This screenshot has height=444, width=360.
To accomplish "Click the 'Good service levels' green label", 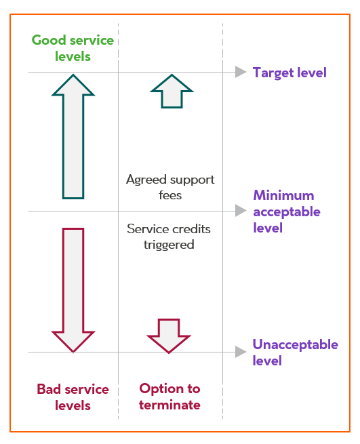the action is [x=73, y=48].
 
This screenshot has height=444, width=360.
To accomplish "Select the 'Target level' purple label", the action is [x=289, y=73].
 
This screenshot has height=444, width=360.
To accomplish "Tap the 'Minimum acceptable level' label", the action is [x=287, y=211].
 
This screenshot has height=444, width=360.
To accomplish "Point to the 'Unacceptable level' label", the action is [x=295, y=352].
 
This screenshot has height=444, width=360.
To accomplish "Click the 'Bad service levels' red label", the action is [x=73, y=397].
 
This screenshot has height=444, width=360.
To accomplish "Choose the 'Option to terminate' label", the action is [x=169, y=397].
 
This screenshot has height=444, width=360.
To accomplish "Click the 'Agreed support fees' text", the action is [x=170, y=187].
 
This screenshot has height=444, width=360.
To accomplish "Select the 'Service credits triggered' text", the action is [x=169, y=237].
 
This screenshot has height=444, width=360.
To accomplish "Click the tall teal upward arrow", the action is [x=73, y=136].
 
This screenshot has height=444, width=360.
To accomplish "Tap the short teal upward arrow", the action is [x=172, y=92].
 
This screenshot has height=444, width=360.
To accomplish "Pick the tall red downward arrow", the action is [x=73, y=290].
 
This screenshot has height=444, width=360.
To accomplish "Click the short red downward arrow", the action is [x=169, y=336].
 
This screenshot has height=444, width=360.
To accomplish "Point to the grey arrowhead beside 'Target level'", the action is [x=241, y=72].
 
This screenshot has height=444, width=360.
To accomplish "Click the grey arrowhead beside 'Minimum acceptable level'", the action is [x=241, y=211].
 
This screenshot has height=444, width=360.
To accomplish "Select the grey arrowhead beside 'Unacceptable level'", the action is [x=241, y=352].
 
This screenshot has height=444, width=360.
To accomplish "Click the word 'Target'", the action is [x=273, y=73].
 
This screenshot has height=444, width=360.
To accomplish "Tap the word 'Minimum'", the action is [x=283, y=195].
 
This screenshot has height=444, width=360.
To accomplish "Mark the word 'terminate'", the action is [x=169, y=405].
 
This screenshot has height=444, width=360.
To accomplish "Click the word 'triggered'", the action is [x=169, y=245].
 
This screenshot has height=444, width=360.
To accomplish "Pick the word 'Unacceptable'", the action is [x=295, y=344].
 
